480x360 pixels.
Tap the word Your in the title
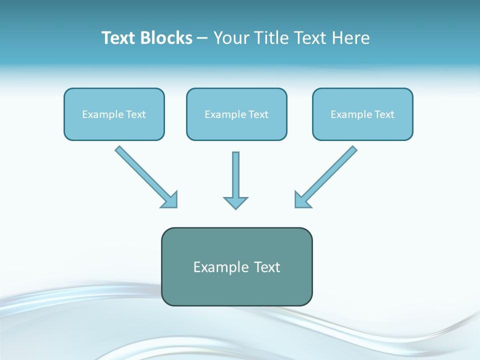click(230, 38)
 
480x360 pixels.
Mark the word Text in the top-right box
click(384, 114)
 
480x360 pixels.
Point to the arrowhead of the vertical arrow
click(235, 202)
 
